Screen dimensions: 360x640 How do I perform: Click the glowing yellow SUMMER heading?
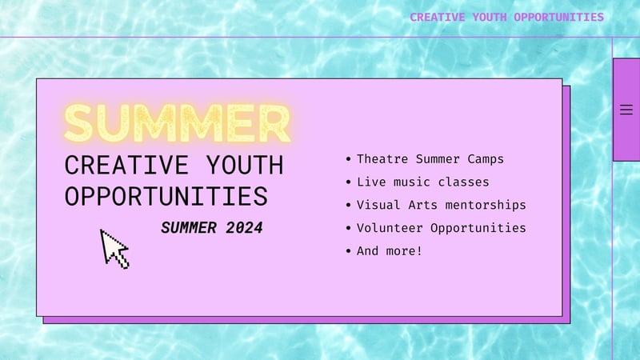177,123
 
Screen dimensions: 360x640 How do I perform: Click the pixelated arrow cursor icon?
114,249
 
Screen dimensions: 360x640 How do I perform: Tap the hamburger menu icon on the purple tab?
626,110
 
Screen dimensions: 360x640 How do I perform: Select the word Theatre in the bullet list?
382,159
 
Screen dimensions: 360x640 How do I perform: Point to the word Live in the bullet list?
371,182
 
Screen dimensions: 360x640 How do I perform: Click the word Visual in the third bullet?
378,205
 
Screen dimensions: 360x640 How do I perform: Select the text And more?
389,251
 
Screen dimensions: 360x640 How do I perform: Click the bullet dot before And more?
348,251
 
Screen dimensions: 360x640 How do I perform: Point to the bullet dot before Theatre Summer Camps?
348,160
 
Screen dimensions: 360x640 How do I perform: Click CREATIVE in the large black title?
126,166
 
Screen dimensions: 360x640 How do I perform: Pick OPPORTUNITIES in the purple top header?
559,17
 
